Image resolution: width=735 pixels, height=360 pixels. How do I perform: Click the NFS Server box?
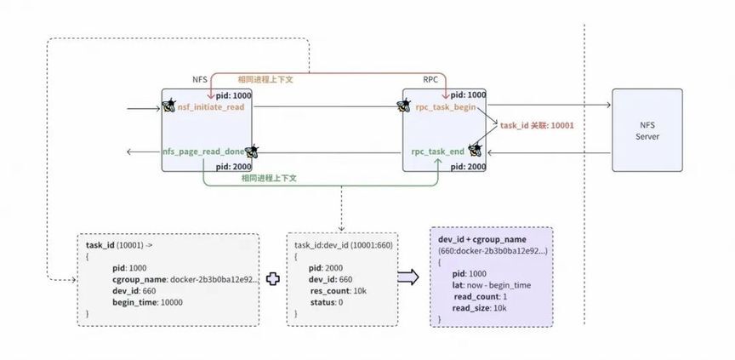pos(647,130)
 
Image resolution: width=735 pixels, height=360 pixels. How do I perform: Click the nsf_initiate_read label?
pos(211,107)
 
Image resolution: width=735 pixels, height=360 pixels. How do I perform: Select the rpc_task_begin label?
pos(446,107)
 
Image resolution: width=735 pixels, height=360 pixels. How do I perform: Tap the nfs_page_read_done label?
pos(203,151)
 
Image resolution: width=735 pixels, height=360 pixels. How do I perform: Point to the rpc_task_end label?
pos(438,151)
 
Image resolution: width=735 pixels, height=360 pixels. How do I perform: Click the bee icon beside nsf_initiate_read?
pos(168,106)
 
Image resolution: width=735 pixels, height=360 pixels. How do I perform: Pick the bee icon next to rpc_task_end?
pos(475,150)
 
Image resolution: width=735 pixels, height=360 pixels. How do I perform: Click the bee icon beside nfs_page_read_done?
pos(252,151)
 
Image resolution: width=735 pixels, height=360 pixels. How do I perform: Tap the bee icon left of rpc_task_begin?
pos(403,106)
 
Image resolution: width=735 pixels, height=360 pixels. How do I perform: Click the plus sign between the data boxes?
pos(273,279)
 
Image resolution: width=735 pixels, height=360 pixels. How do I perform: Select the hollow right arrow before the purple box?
pos(407,277)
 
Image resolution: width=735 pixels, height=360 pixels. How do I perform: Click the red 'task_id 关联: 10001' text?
pos(537,126)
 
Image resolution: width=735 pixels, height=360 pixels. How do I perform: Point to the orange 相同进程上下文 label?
pos(265,79)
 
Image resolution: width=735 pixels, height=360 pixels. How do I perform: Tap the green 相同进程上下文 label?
pos(269,178)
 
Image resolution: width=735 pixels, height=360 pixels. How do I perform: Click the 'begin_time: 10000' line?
pos(148,302)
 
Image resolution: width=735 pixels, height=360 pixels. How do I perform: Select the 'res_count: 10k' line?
pos(339,291)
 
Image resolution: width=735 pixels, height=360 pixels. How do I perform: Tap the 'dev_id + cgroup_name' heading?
pos(481,239)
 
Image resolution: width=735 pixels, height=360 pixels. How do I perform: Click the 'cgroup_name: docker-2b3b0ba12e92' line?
pos(185,279)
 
